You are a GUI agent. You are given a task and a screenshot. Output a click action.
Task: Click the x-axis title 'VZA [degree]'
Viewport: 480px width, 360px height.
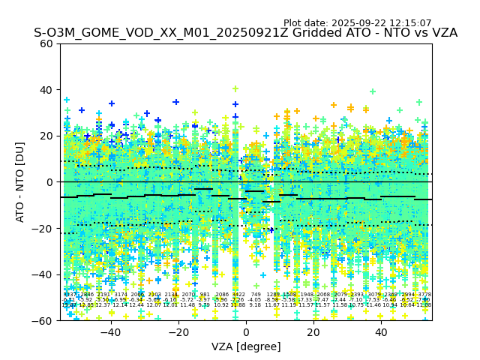click(x=246, y=346)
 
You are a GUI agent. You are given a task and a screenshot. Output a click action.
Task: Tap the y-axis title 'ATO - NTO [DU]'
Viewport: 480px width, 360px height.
click(x=20, y=182)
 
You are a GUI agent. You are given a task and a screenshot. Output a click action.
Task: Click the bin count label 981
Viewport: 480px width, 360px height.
click(x=205, y=295)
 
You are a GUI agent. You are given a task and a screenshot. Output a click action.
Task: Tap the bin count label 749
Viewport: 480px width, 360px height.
click(x=256, y=295)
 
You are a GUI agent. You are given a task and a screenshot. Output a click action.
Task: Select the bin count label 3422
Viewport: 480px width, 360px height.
click(x=238, y=295)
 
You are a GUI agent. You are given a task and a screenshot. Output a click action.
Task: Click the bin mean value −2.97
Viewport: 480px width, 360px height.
click(x=205, y=300)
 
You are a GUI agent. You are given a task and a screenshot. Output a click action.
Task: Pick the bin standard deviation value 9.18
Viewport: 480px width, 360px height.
click(x=256, y=305)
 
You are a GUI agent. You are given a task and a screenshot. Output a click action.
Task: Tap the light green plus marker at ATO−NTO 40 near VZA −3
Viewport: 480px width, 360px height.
click(x=235, y=89)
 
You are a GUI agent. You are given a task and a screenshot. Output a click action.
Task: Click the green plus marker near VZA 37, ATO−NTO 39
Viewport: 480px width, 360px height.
click(x=372, y=91)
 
